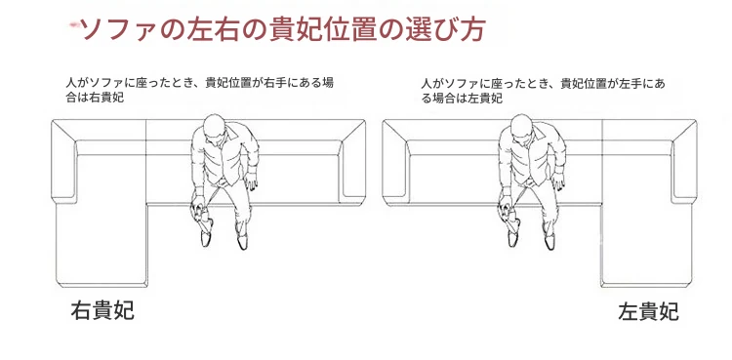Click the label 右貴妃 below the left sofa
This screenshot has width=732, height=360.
coord(102,310)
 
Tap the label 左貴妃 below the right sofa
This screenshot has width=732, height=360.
coord(649,311)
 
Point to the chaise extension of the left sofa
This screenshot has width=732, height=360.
coord(102,244)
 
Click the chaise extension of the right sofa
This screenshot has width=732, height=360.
coord(646,245)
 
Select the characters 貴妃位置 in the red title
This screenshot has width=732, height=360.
coord(327,30)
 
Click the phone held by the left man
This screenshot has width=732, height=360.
coord(202,214)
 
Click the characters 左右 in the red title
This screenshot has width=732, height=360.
coord(216,30)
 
